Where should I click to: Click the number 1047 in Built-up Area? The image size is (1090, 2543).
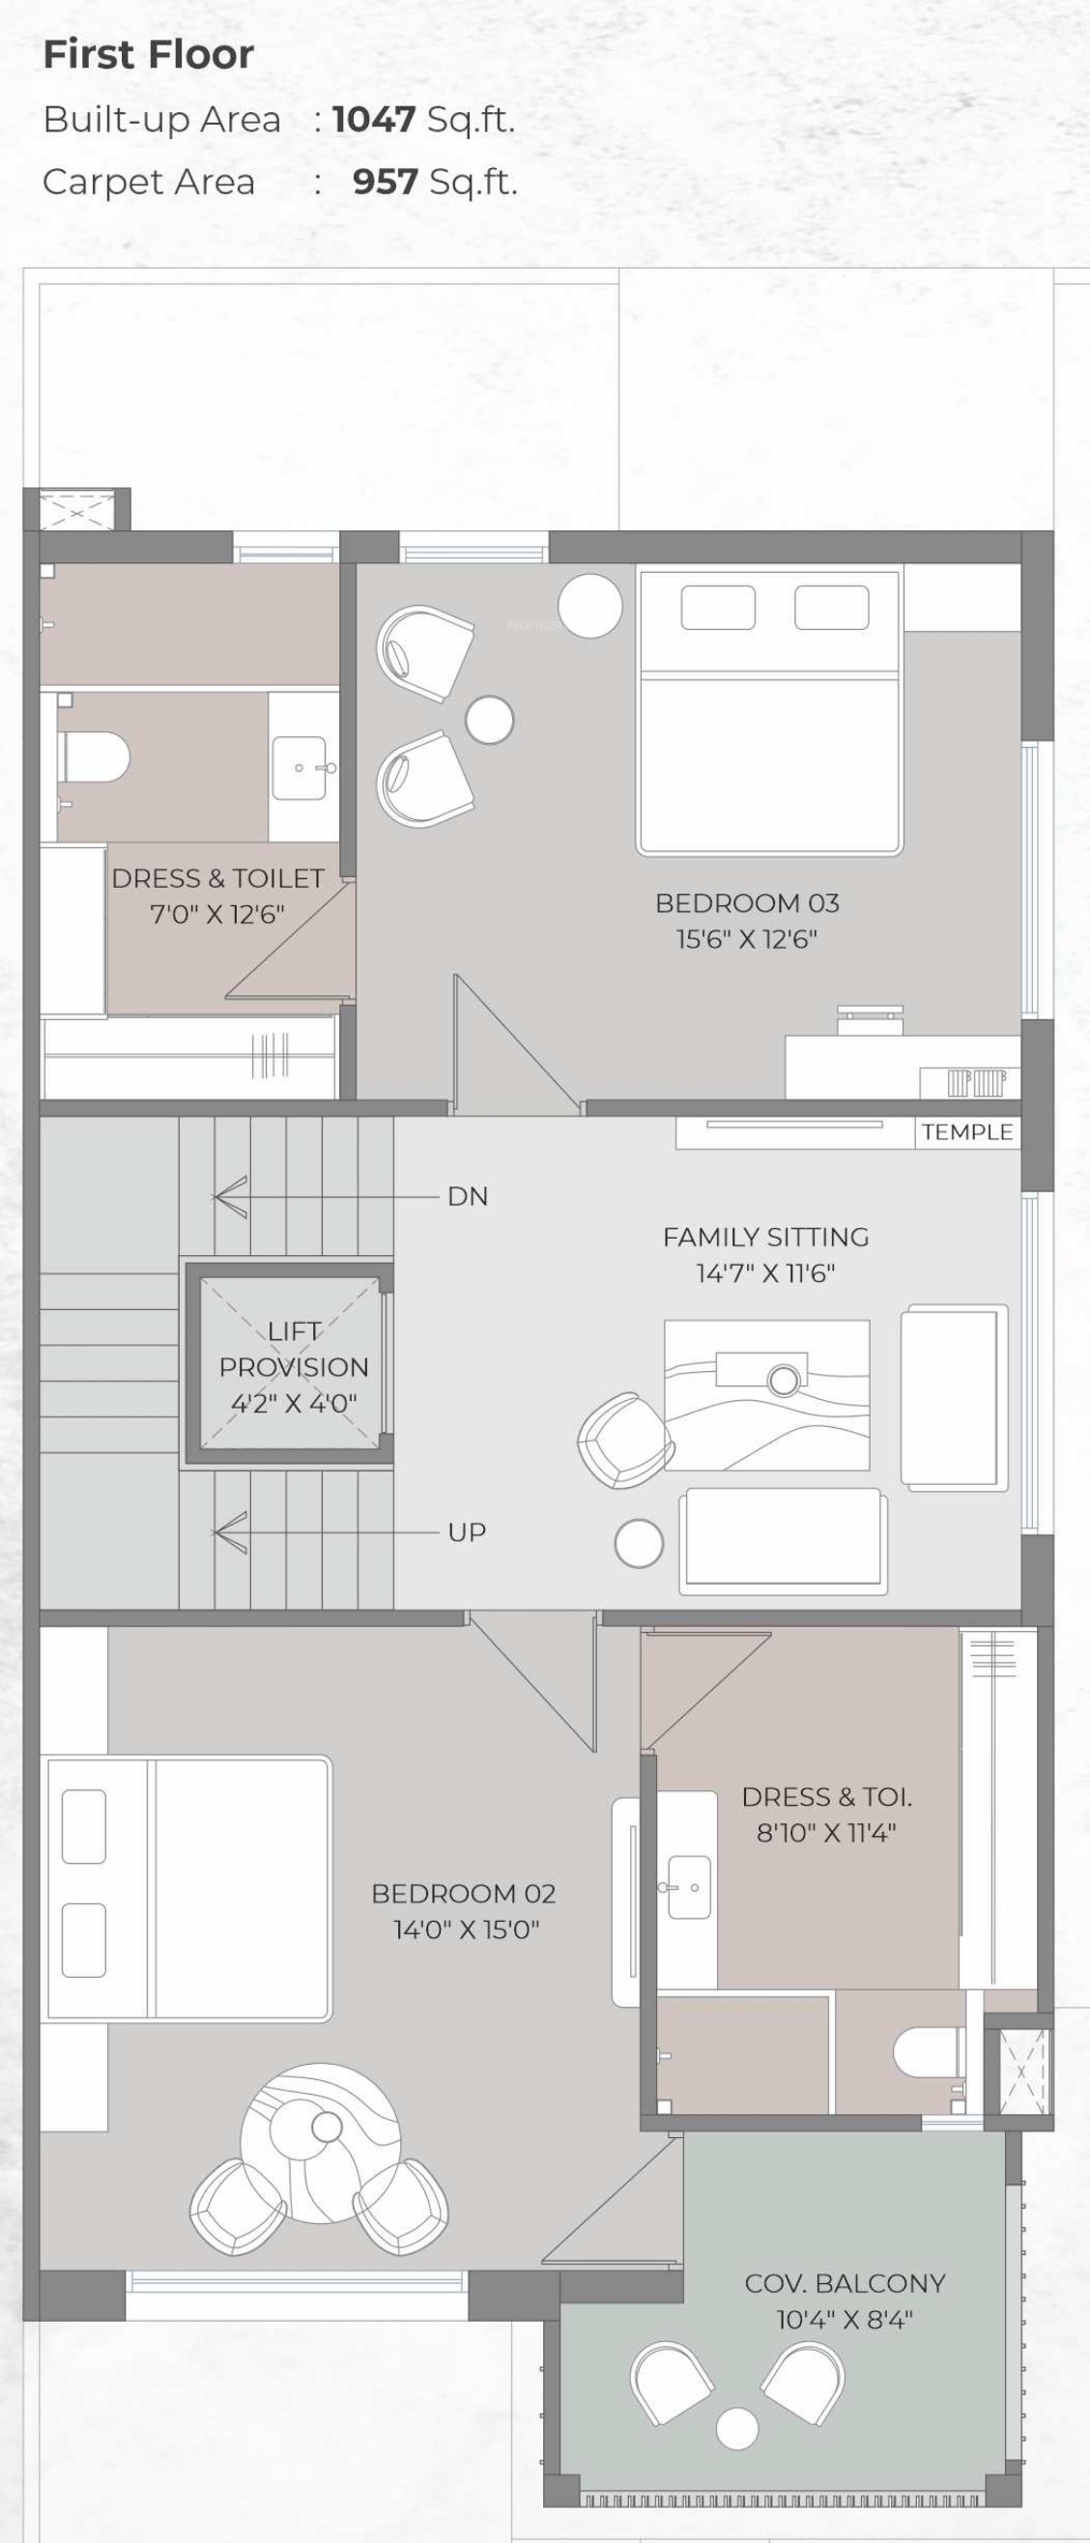373,120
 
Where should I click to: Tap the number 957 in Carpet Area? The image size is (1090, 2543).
385,182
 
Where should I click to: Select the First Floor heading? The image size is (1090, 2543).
148,54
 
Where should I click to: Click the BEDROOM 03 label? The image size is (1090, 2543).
747,903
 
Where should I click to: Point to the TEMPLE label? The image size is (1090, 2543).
967,1132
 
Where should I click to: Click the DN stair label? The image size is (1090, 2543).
468,1196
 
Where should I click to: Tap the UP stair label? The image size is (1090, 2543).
467,1532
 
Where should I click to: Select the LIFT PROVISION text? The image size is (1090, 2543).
293,1350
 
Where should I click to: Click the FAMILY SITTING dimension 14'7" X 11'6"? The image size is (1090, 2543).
765,1273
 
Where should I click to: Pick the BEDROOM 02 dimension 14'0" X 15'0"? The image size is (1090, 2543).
466,1930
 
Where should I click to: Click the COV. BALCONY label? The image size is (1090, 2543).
846,2283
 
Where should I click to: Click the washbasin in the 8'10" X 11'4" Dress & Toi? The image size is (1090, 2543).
689,1887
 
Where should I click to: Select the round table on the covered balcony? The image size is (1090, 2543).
736,2428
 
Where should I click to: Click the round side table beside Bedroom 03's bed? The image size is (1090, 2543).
589,605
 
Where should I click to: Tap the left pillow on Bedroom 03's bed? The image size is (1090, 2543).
718,607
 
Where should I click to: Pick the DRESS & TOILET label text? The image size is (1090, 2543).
217,878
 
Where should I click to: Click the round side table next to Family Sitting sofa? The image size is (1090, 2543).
639,1543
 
